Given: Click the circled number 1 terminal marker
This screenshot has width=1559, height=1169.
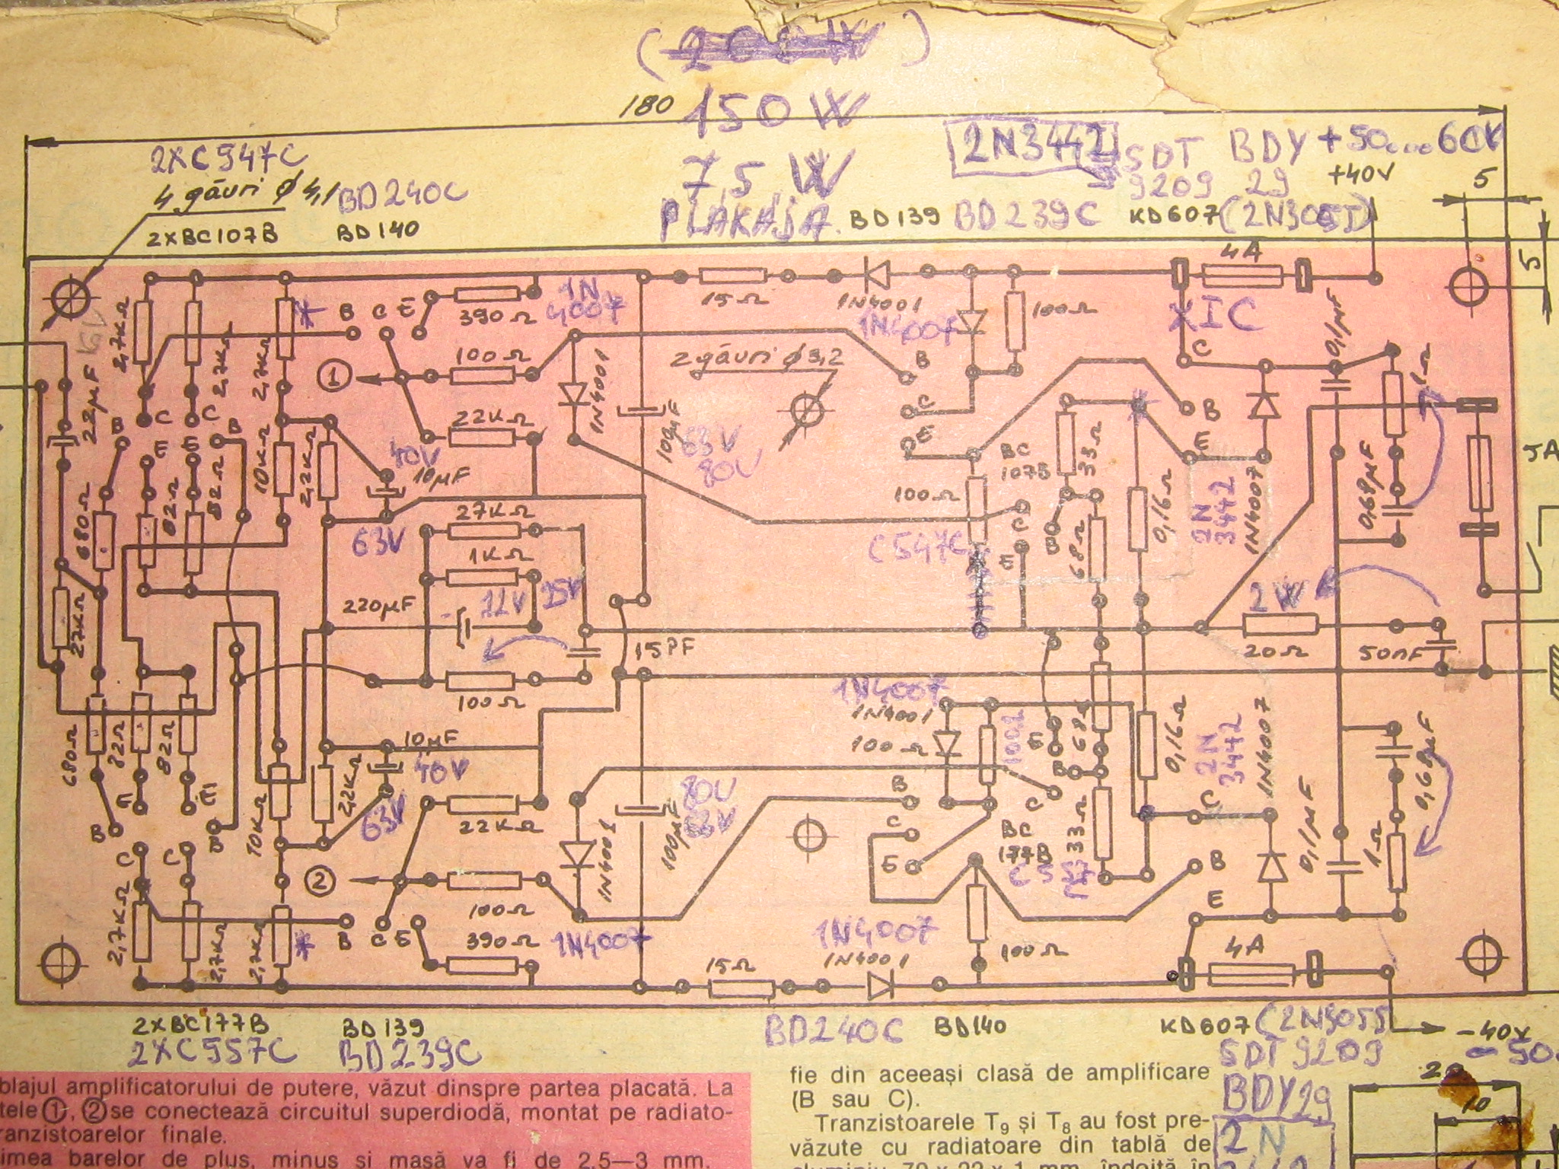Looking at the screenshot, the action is point(335,374).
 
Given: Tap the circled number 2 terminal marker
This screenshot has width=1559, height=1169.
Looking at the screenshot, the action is point(320,880).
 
